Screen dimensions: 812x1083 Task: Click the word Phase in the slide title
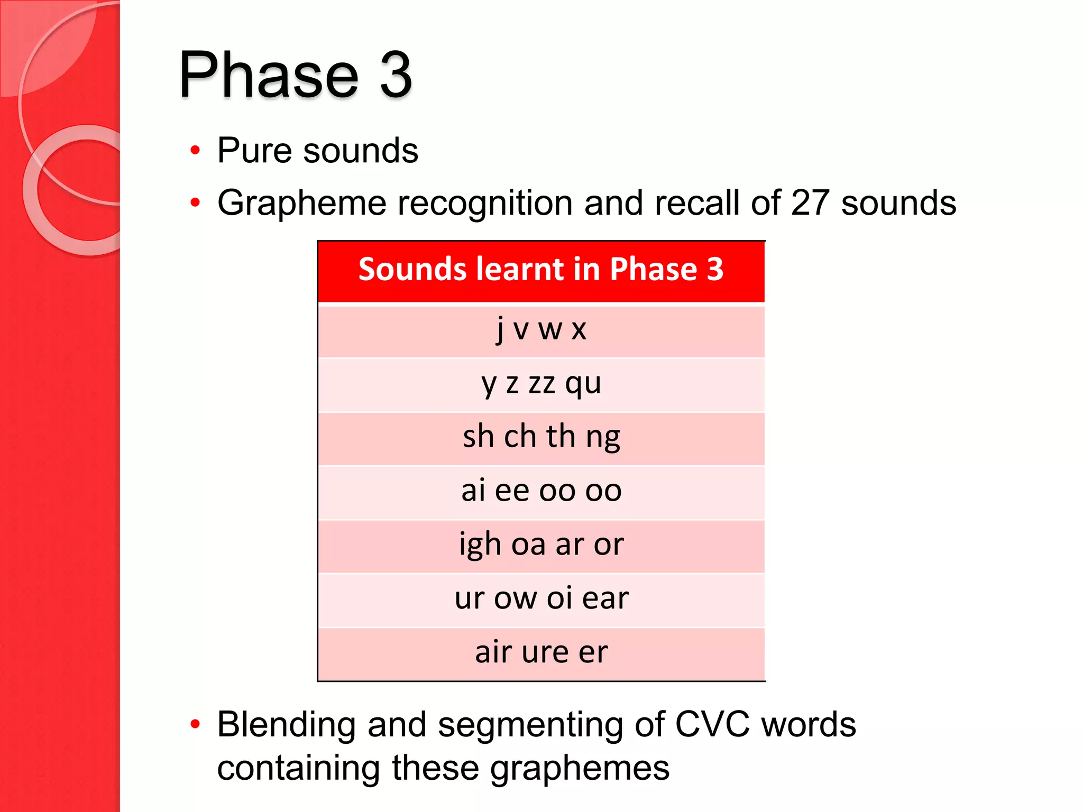pos(269,75)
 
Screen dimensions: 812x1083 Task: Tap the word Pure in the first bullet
pos(254,151)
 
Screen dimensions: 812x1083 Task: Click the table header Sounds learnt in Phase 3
pos(541,269)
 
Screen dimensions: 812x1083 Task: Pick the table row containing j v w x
pos(541,330)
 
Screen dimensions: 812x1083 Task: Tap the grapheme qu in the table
pos(583,383)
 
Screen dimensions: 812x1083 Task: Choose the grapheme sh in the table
pos(478,437)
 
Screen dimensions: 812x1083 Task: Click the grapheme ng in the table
pos(603,438)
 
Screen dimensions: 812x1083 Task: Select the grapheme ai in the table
pos(473,491)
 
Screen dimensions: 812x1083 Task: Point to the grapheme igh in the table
pos(480,545)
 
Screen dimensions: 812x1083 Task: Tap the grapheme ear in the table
pos(605,598)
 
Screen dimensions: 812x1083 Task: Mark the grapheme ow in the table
pos(515,598)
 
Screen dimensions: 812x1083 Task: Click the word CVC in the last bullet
pos(712,724)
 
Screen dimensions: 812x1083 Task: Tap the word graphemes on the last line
pos(580,769)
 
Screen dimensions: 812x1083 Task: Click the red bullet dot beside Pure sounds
pos(195,151)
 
